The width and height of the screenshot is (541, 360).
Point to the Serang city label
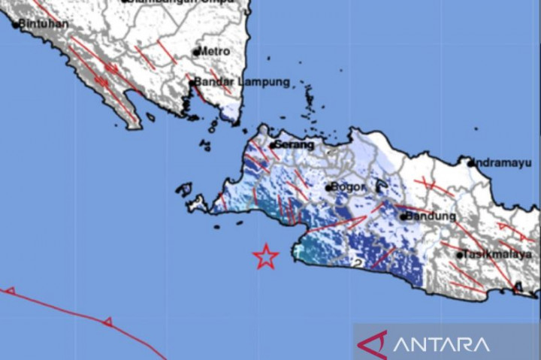click(x=293, y=144)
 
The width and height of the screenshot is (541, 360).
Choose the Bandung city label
click(x=431, y=216)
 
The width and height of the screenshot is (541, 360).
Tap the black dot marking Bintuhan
click(x=15, y=24)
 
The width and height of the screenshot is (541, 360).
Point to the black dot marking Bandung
click(x=403, y=217)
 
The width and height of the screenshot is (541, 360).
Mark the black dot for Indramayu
click(x=470, y=162)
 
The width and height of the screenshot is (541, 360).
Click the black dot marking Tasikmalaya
click(x=460, y=255)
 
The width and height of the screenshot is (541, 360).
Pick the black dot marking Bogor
click(x=329, y=187)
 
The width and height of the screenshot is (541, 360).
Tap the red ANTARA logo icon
click(x=372, y=344)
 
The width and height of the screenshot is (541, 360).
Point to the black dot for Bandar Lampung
click(x=194, y=83)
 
